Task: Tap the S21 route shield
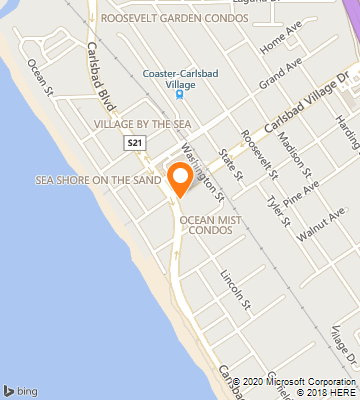(135, 144)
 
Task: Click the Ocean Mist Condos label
(206, 223)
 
